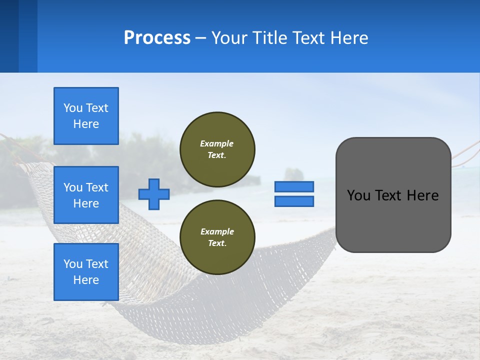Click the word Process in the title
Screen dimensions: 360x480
[157, 38]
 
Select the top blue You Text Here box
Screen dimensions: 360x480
[86, 116]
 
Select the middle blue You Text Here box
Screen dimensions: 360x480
[86, 195]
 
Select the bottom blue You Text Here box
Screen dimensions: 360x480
[86, 272]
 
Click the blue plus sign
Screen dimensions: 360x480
[154, 194]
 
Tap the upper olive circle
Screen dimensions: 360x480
[217, 149]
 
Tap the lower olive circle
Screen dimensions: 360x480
[217, 237]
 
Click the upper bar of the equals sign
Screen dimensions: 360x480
[294, 186]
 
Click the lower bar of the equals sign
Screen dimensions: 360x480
[294, 201]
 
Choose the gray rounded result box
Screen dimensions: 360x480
[393, 220]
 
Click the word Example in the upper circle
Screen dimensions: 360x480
[216, 143]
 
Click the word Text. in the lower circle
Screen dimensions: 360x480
[217, 243]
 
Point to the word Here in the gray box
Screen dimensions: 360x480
[422, 195]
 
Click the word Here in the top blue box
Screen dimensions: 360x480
[86, 124]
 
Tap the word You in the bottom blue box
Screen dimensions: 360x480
[72, 264]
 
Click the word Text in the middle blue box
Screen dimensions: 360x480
[97, 187]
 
